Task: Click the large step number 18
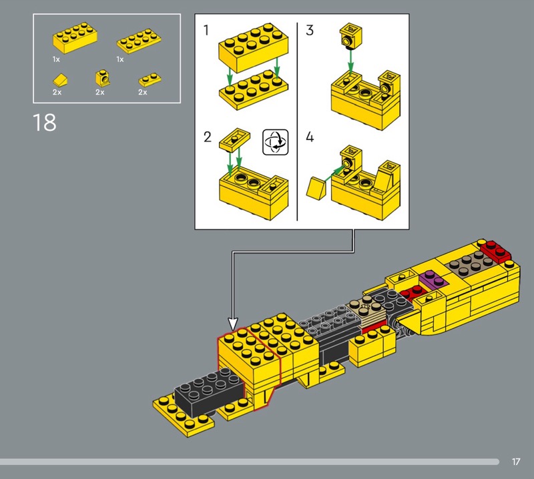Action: pyautogui.click(x=45, y=123)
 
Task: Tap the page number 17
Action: pyautogui.click(x=515, y=462)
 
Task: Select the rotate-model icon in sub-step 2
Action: pyautogui.click(x=276, y=142)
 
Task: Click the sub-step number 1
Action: pyautogui.click(x=206, y=30)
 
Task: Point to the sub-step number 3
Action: pyautogui.click(x=309, y=30)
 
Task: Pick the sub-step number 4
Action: pyautogui.click(x=310, y=137)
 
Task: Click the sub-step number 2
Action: pyautogui.click(x=208, y=137)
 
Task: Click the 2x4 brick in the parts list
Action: pyautogui.click(x=75, y=37)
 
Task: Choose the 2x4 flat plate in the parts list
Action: pyautogui.click(x=139, y=41)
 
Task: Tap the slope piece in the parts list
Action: pyautogui.click(x=60, y=80)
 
